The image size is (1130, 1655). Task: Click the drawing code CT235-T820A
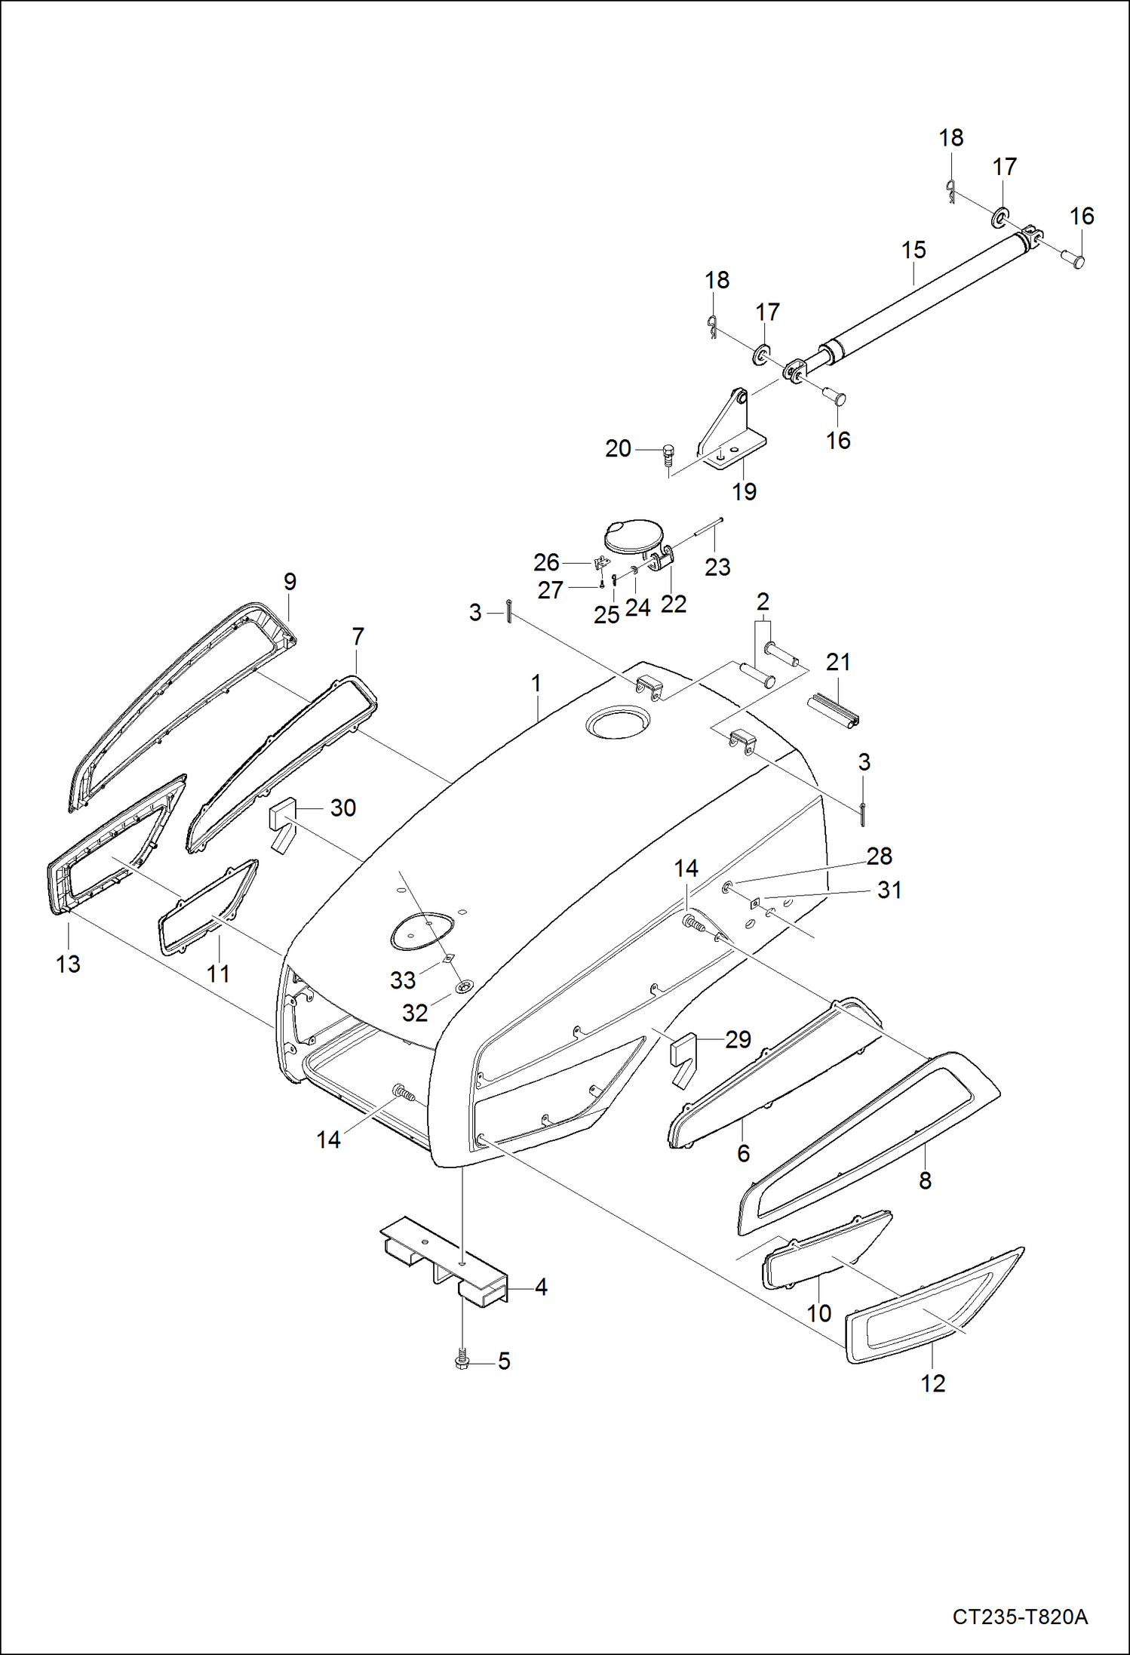[x=1019, y=1616]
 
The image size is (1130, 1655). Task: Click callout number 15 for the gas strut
[x=913, y=251]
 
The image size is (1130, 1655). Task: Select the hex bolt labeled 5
[x=462, y=1361]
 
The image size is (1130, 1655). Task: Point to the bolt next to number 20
[x=668, y=454]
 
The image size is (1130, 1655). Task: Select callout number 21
[x=837, y=662]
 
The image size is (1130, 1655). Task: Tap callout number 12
[x=932, y=1383]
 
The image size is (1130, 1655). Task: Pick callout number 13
[x=68, y=964]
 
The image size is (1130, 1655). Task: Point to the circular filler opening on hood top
[x=616, y=723]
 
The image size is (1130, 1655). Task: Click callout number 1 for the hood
[x=536, y=684]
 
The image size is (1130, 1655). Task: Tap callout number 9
[x=290, y=582]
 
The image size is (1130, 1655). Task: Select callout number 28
[x=879, y=856]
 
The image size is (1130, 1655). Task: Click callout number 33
[x=402, y=980]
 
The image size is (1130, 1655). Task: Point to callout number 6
[x=743, y=1153]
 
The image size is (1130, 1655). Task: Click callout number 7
[x=358, y=637]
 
